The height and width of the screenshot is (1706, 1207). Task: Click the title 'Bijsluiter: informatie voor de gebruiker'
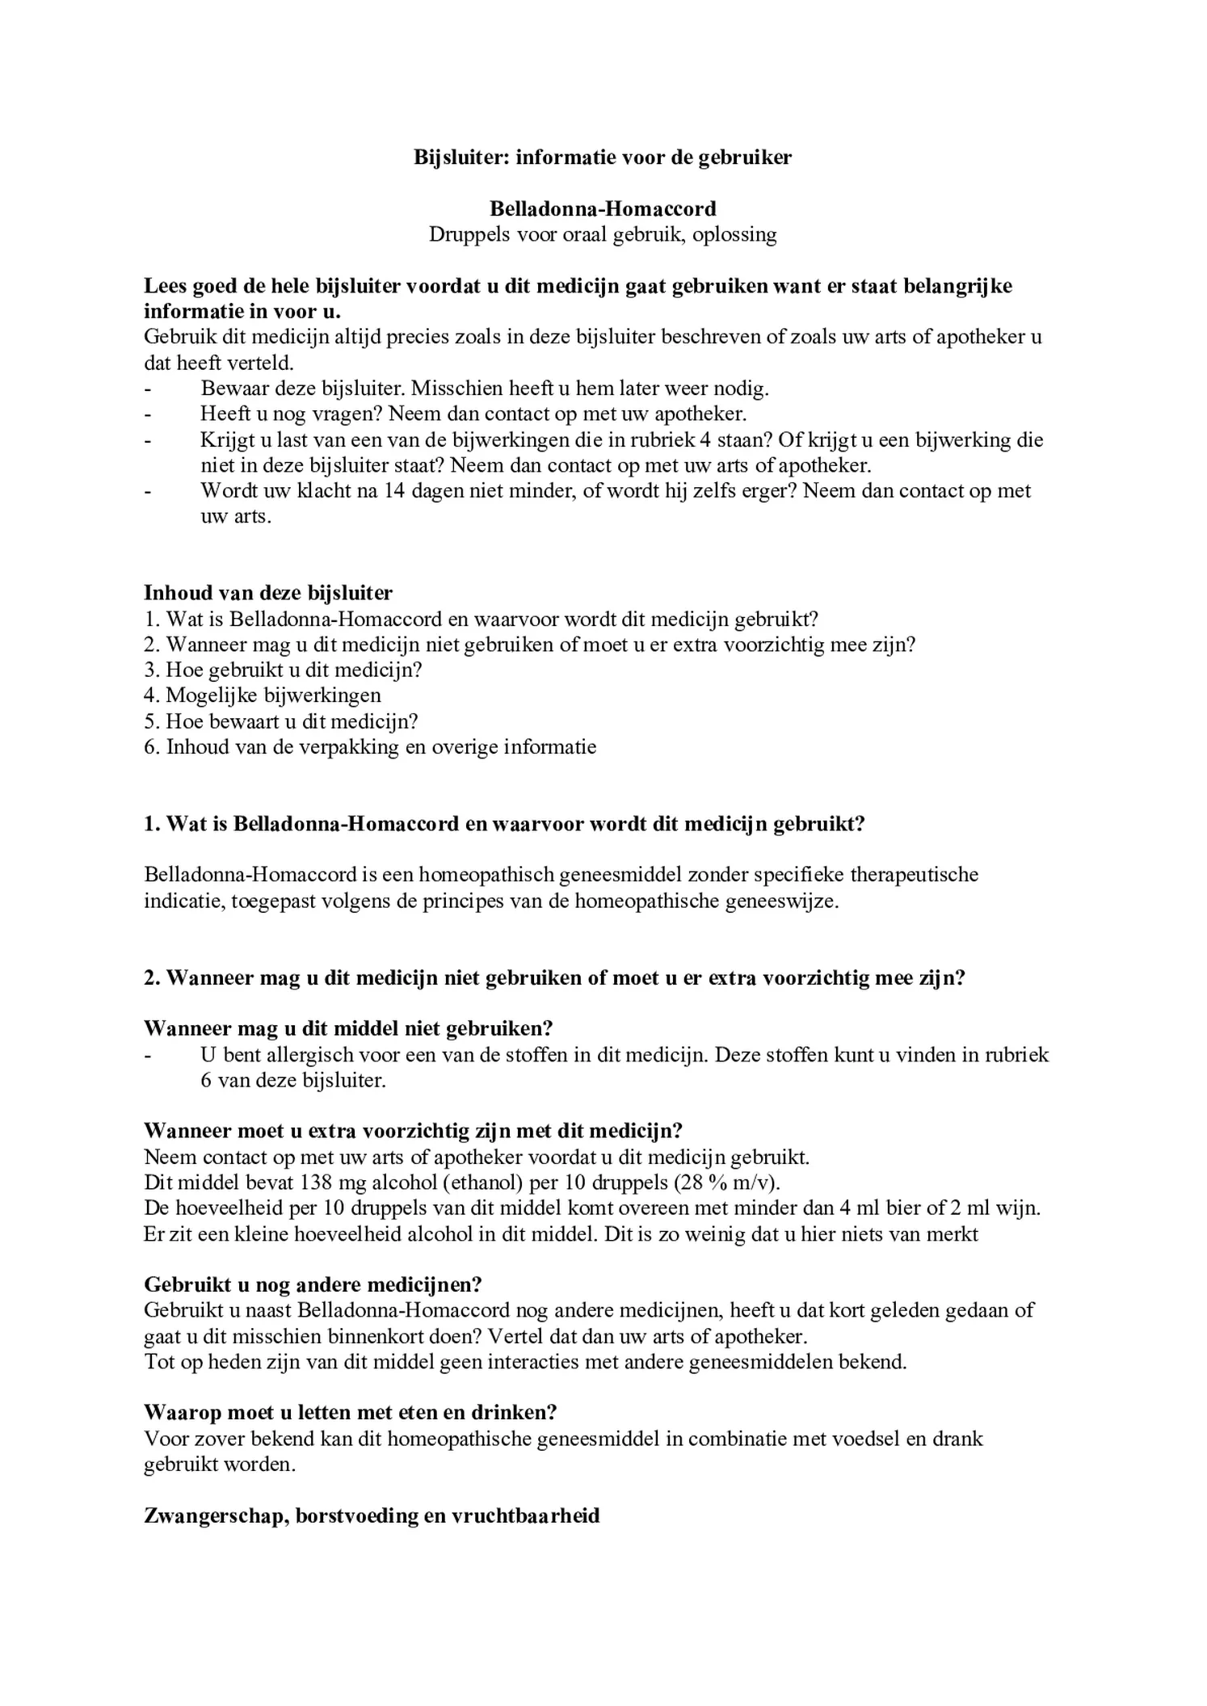coord(603,158)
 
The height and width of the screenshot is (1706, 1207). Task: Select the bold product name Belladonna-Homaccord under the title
coord(603,209)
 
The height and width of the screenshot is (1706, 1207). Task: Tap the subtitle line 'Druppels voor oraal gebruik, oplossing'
coord(603,235)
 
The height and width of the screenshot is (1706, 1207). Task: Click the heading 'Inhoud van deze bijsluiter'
coord(268,593)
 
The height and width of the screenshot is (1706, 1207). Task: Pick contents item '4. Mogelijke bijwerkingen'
coord(263,695)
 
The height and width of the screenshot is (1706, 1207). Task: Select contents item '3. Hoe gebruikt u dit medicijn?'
coord(284,670)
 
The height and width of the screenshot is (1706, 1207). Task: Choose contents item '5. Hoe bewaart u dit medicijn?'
coord(281,721)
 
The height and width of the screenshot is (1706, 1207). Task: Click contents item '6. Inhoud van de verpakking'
coord(370,746)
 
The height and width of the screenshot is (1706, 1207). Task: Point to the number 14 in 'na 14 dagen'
coord(394,491)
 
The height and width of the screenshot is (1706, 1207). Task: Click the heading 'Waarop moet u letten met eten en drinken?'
coord(351,1412)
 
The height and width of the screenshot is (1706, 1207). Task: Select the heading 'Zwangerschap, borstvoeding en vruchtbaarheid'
coord(372,1515)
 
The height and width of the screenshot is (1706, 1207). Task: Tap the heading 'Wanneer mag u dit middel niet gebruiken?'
coord(348,1028)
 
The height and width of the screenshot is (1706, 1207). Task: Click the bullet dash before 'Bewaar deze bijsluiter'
coord(148,389)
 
